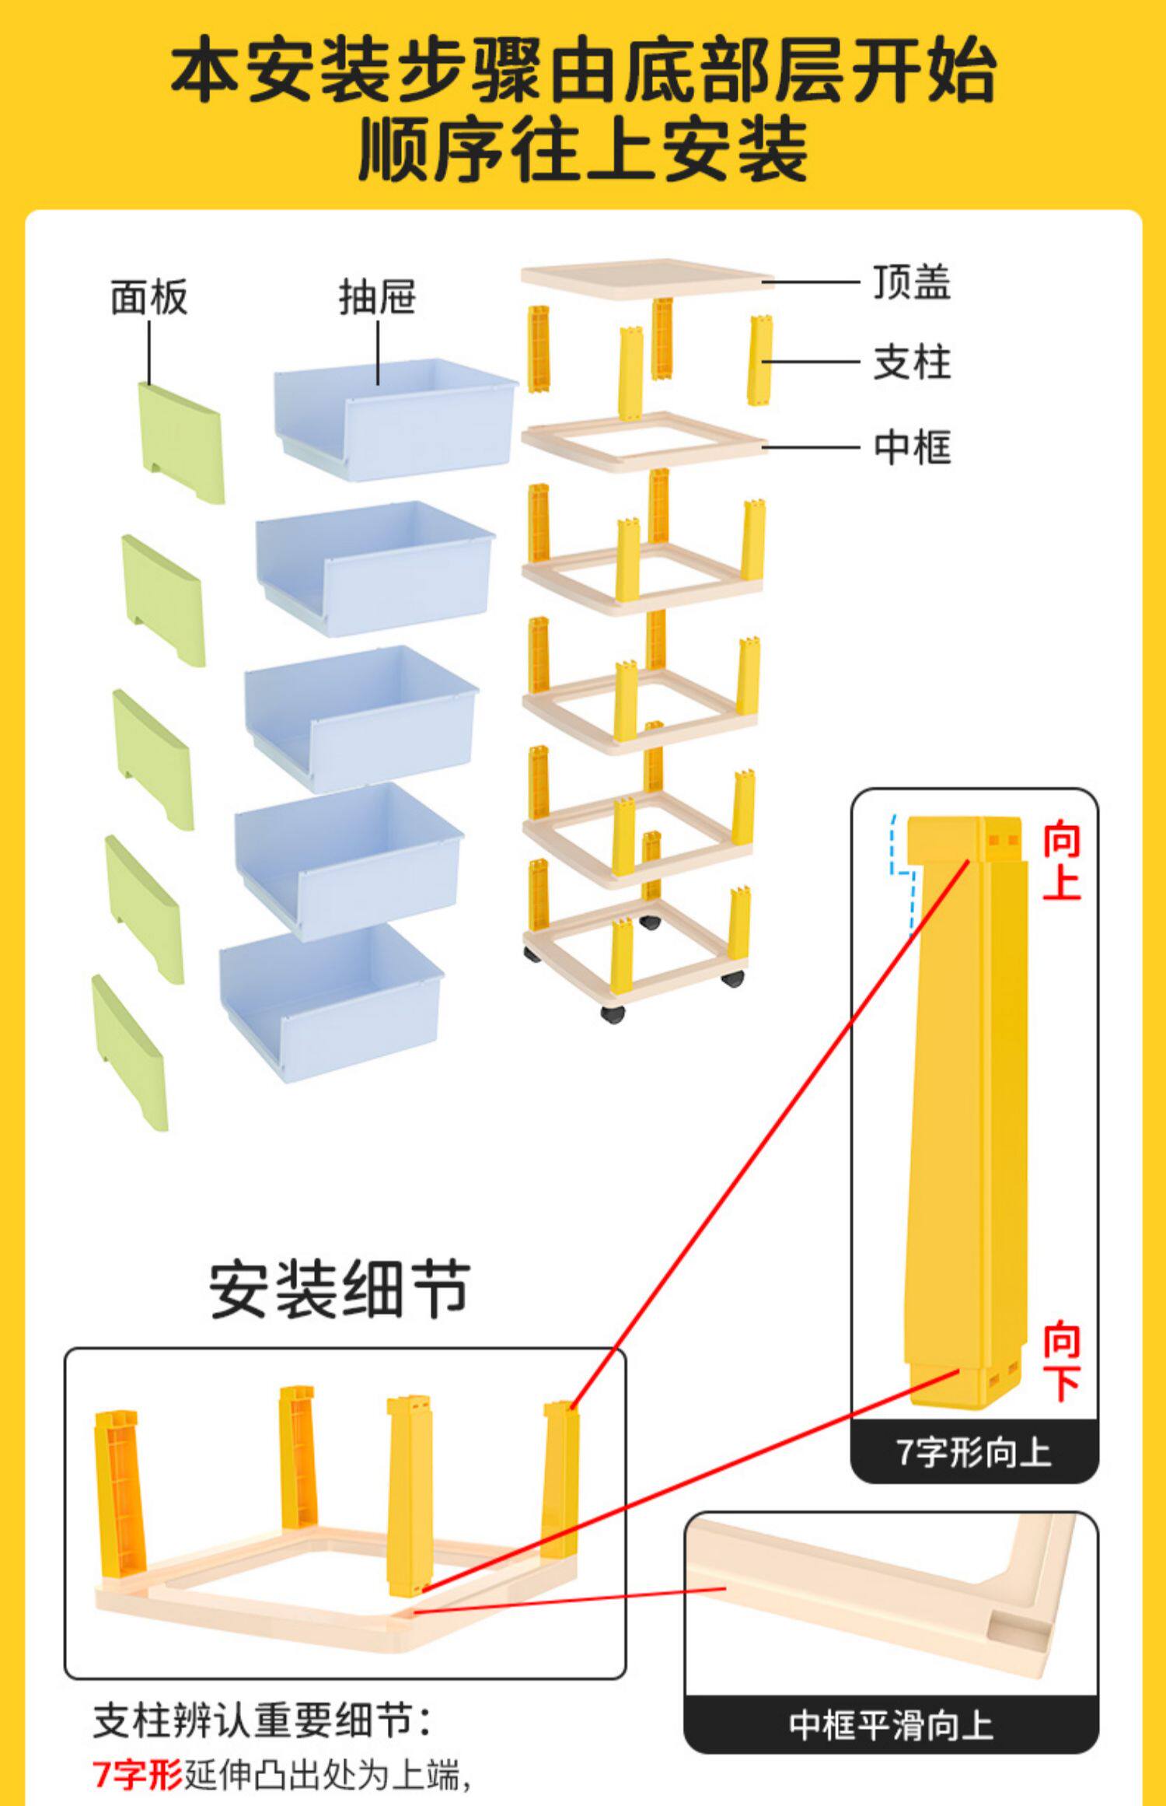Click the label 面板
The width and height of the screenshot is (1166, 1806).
click(149, 298)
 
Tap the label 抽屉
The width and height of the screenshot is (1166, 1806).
click(378, 298)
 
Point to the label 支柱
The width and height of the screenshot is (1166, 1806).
click(912, 363)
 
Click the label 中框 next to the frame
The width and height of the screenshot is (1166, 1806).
click(912, 448)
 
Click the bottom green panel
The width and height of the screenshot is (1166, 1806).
click(130, 1053)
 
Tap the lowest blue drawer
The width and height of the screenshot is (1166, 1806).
click(331, 1002)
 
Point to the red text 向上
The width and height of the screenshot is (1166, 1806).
click(1061, 863)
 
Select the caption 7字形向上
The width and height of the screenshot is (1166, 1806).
click(974, 1452)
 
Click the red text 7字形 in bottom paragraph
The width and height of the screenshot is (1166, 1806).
click(138, 1776)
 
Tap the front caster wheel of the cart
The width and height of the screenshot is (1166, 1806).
click(613, 1013)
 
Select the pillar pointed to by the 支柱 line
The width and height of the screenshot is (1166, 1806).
click(759, 361)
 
